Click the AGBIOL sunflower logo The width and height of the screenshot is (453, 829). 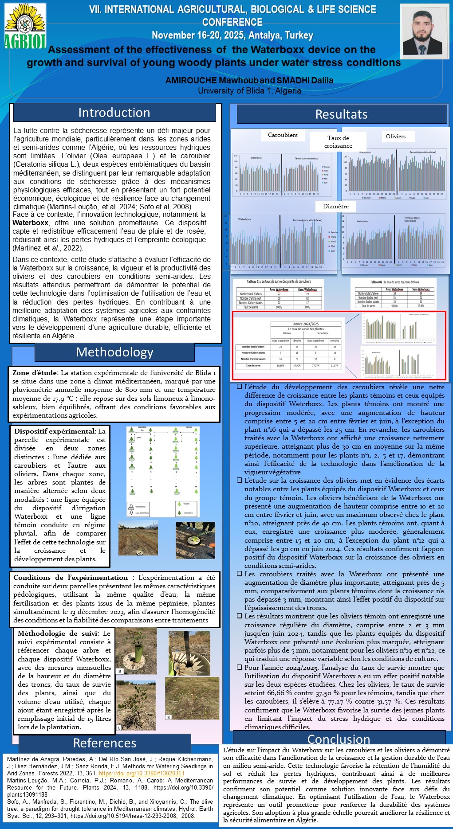[25, 26]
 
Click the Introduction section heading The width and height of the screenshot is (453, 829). [114, 113]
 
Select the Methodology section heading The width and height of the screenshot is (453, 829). [114, 352]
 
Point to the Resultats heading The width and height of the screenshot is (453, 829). [341, 114]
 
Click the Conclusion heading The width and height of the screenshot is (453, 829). [339, 739]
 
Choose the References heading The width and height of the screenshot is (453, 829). [105, 743]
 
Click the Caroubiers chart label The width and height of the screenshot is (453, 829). [283, 135]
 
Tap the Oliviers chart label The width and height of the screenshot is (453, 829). [395, 136]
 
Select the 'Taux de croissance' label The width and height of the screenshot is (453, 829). [338, 141]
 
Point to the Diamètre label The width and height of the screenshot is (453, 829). [335, 206]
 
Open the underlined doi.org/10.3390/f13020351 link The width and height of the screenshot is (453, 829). [142, 773]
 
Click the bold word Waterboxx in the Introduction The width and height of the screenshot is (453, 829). [30, 223]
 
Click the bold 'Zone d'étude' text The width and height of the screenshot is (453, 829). [35, 372]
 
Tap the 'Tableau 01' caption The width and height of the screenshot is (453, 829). [279, 282]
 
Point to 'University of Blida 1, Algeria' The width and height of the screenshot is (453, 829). [249, 90]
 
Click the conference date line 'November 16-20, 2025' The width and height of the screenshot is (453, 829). [232, 35]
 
